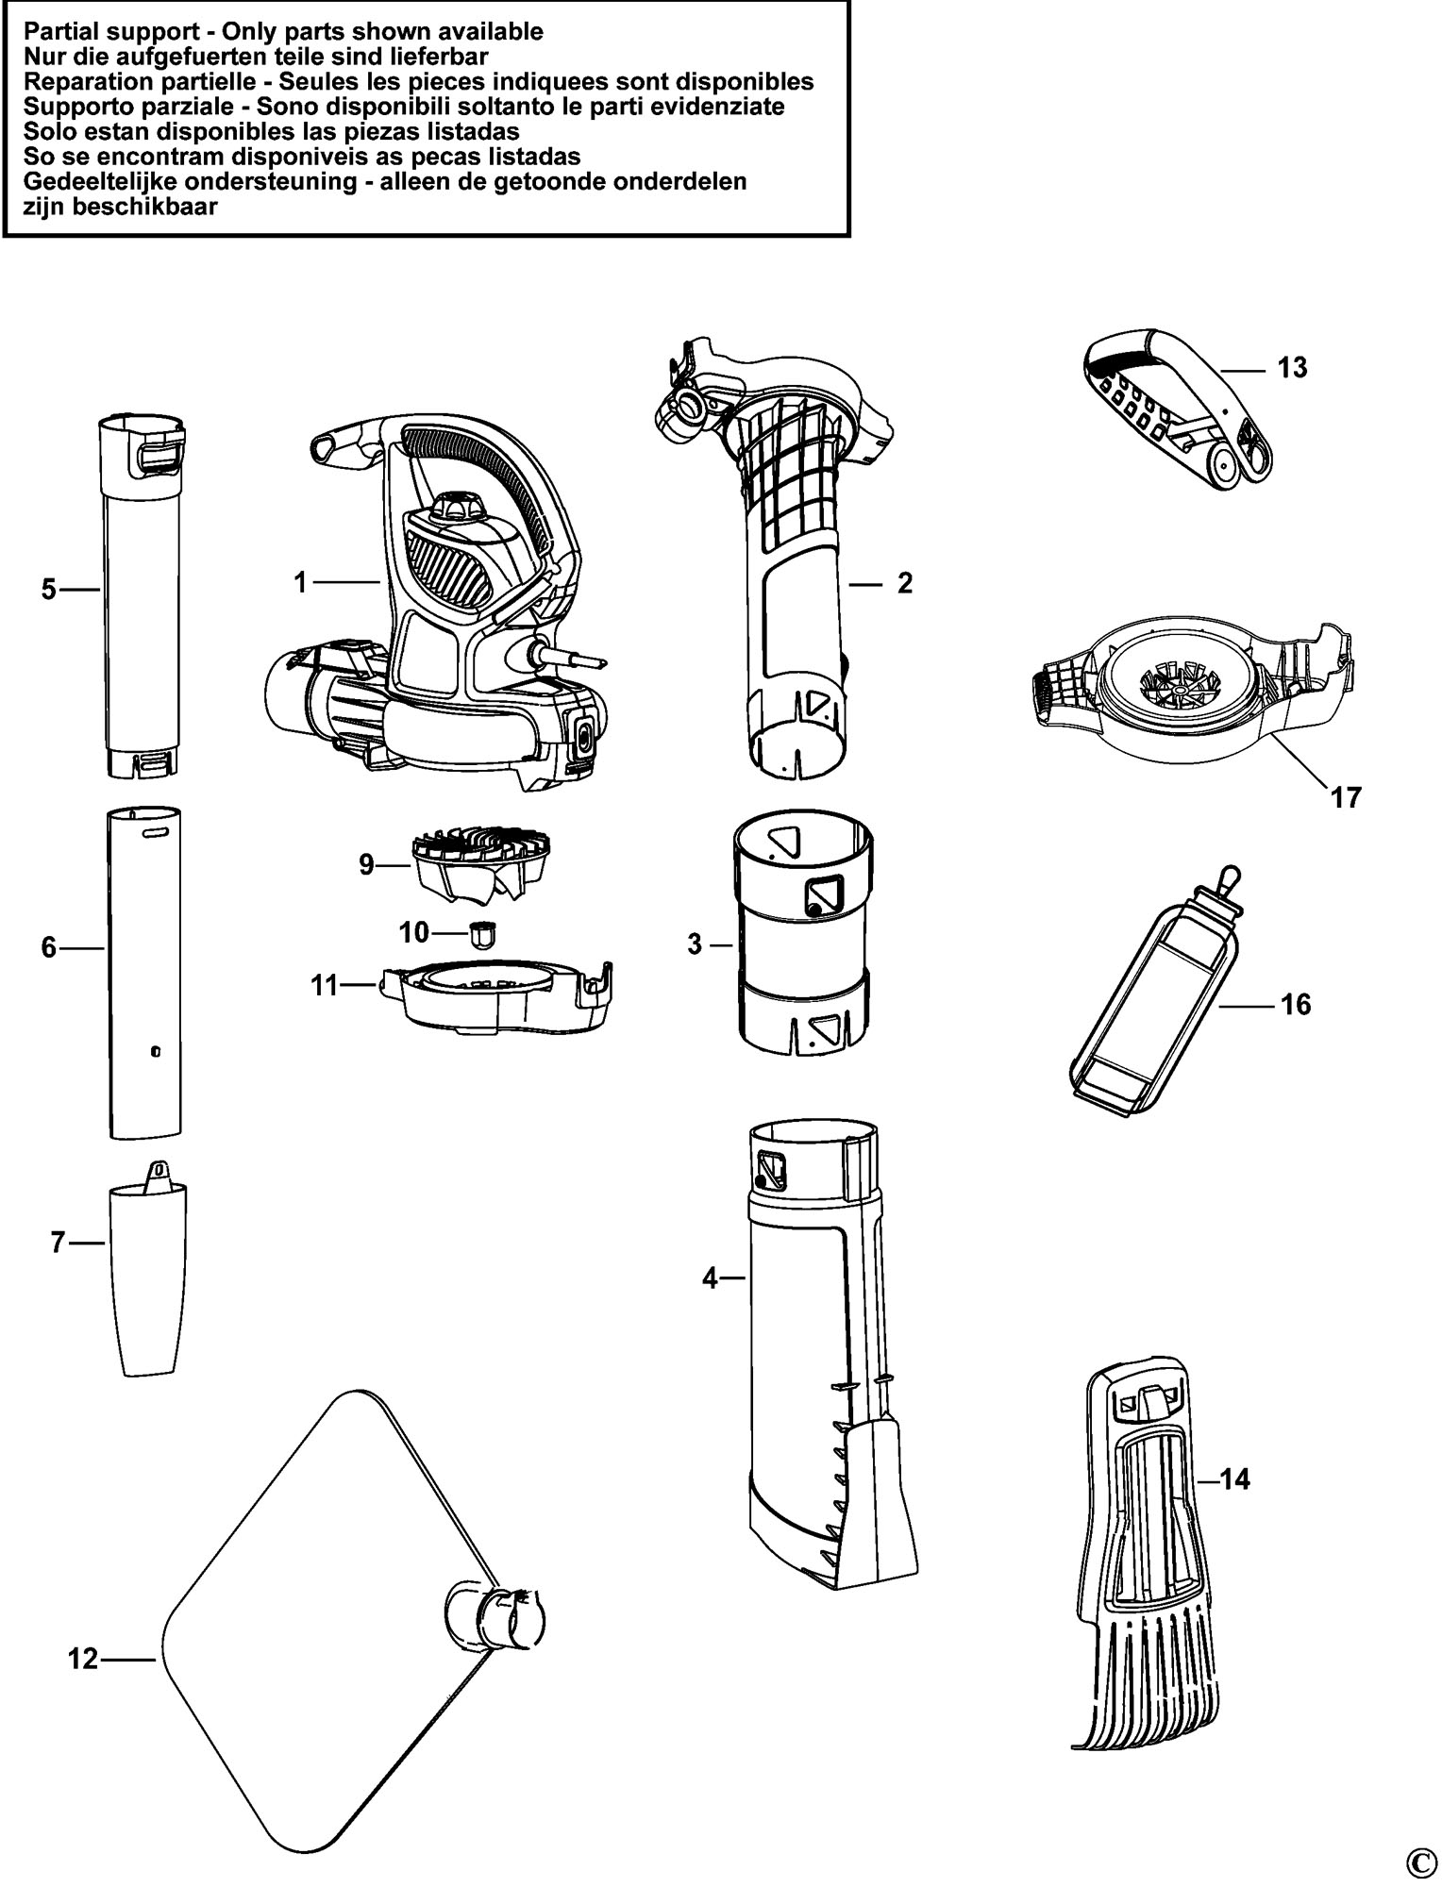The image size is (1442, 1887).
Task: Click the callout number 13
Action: click(x=1292, y=367)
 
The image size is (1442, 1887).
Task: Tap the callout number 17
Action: click(x=1346, y=797)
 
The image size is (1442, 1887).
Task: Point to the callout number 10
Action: click(x=413, y=932)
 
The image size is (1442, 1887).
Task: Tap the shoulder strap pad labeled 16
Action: click(x=1153, y=993)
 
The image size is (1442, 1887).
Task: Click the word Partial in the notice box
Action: click(x=55, y=31)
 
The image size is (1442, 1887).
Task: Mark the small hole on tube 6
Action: click(x=156, y=1050)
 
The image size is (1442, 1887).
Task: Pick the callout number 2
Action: click(x=905, y=583)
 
